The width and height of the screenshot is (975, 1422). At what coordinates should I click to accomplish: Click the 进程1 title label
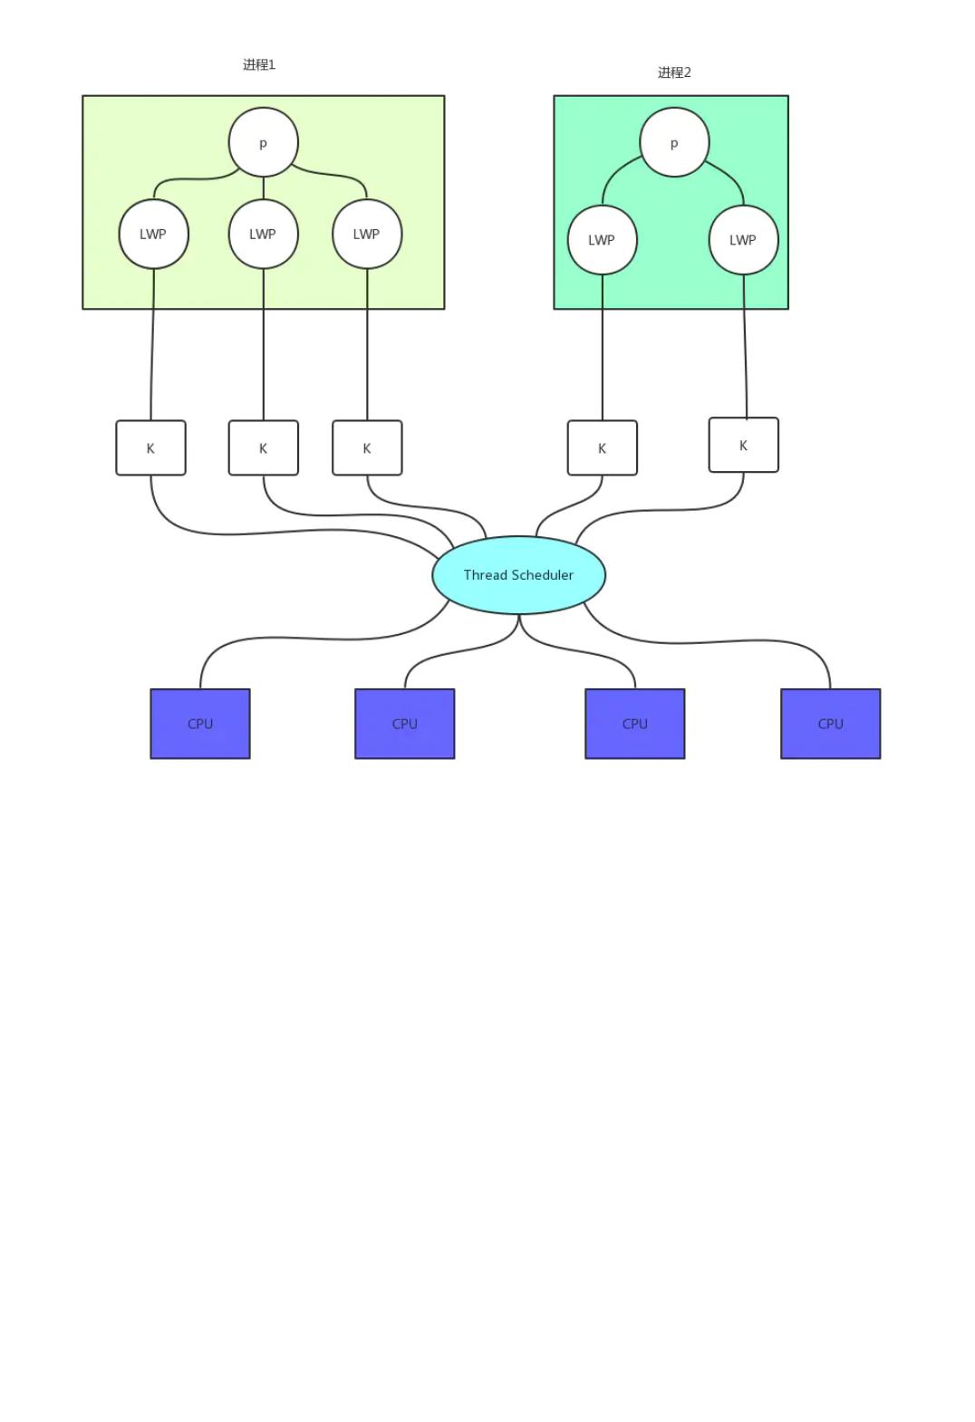coord(258,64)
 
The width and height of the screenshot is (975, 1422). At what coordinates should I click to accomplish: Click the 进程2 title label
coord(674,73)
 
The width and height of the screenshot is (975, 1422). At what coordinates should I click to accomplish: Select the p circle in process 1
coord(263,142)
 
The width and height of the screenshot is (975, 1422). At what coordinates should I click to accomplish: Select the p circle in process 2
coord(674,142)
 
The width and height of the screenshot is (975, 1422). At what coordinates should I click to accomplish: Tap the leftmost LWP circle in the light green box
coord(153,235)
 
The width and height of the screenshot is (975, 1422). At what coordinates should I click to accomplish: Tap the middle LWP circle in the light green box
coord(263,235)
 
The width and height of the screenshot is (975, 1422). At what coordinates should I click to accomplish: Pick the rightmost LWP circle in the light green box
coord(366,235)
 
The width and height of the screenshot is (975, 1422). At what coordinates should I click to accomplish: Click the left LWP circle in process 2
coord(603,240)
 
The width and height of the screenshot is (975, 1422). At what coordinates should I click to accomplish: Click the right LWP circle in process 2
coord(743,240)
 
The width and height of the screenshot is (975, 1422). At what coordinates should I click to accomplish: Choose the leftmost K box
coord(150,448)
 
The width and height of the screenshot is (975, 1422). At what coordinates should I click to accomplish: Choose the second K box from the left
coord(263,448)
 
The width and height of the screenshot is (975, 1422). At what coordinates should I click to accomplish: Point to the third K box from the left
coord(366,448)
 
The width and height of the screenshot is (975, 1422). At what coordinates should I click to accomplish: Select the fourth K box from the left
coord(603,448)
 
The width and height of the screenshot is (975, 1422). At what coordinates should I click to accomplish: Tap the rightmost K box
coord(743,445)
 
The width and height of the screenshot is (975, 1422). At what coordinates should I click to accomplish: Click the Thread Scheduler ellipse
coord(518,575)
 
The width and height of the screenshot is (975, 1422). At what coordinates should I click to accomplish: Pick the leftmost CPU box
coord(200,724)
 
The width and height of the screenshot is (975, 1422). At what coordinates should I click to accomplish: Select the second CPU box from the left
coord(405,724)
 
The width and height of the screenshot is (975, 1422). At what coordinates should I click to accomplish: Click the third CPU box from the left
coord(634,724)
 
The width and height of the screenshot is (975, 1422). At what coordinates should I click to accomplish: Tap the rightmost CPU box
coord(830,724)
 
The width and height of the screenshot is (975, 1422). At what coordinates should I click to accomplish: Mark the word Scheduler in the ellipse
coord(543,575)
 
